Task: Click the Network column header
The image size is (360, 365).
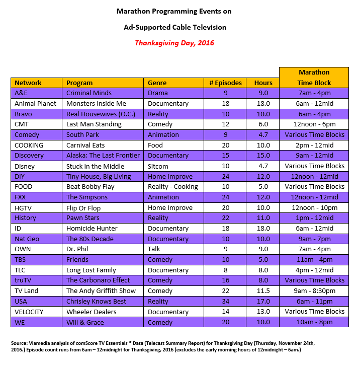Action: click(x=28, y=83)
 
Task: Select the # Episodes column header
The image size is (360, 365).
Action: click(x=225, y=83)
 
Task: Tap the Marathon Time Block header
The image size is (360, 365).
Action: click(x=314, y=78)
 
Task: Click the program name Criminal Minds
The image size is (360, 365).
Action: click(x=89, y=93)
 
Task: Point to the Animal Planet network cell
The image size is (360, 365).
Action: click(x=35, y=104)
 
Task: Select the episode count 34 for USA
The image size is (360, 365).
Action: click(x=225, y=302)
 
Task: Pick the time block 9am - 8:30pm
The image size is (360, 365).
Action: click(x=314, y=291)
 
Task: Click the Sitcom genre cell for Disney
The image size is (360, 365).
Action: click(x=158, y=166)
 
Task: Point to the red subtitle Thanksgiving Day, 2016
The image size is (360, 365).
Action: click(x=174, y=43)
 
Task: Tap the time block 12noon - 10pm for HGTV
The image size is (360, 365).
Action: click(x=314, y=207)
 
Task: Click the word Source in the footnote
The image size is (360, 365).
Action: click(x=20, y=343)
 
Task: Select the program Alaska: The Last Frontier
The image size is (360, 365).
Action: click(x=103, y=156)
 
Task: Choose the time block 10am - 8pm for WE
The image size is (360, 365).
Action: click(x=314, y=322)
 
